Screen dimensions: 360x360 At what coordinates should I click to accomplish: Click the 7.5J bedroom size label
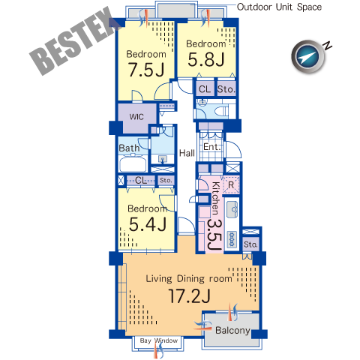coord(146,70)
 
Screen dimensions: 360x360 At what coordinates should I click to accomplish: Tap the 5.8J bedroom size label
coord(206,59)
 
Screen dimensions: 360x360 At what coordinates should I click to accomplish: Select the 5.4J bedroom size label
coord(148,223)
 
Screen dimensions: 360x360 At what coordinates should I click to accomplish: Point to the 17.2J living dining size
coord(190,296)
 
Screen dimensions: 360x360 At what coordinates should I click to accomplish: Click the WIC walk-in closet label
coord(136,117)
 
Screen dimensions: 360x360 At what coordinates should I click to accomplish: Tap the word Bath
coord(129,148)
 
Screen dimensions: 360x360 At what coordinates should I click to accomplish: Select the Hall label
coord(187,153)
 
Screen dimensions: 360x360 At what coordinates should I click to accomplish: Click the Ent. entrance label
coord(212,147)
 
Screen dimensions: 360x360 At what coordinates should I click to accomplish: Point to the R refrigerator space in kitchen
coord(231,185)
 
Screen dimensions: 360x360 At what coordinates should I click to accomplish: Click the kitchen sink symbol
coord(232,209)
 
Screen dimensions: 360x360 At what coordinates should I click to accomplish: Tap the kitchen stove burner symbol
coord(232,239)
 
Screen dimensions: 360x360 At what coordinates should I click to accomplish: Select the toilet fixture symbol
coord(223,110)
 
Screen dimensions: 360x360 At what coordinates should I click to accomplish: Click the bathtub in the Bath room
coord(133,163)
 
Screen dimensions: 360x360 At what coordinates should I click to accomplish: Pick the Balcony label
coord(232,330)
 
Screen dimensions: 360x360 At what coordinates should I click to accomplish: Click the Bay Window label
coord(159,340)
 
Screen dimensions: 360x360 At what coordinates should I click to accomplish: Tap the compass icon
coord(308,57)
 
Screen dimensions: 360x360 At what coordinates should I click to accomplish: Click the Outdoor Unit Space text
coord(279,7)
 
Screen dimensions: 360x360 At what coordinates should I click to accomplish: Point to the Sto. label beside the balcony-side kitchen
coord(250,244)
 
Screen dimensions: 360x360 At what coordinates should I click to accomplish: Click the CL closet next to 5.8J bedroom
coord(205,89)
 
